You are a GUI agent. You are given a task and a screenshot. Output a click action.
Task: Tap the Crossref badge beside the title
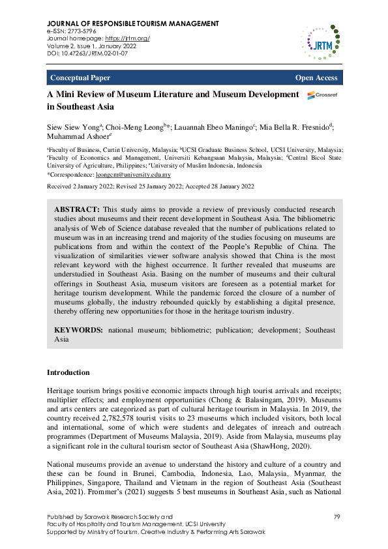coord(321,95)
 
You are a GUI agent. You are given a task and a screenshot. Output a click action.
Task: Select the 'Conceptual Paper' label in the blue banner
coord(80,78)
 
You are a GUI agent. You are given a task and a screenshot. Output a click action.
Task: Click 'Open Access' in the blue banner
coord(316,78)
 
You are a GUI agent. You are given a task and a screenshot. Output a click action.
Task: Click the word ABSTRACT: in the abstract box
coord(74,208)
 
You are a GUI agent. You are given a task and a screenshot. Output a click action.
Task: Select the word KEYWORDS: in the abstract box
coord(78,331)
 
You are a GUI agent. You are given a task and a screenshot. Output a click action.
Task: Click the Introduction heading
coord(68,372)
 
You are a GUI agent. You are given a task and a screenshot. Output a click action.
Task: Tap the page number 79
coord(337,516)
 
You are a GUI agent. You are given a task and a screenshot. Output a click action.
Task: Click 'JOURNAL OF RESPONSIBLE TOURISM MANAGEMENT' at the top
coord(132,23)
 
